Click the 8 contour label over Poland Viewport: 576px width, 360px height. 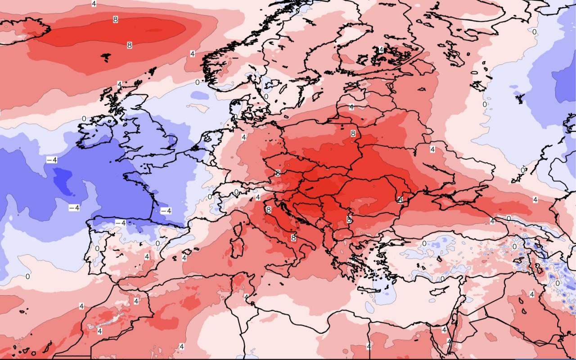(x=353, y=133)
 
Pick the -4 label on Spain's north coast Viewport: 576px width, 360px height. (x=120, y=223)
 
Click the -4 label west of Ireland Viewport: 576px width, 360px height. (x=51, y=160)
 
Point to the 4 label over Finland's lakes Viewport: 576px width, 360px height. (x=381, y=49)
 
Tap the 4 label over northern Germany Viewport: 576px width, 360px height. (x=243, y=137)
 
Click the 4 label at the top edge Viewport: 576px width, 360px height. (x=94, y=4)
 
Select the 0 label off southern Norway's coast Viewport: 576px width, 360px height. (x=197, y=82)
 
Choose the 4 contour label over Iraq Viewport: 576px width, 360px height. (x=531, y=294)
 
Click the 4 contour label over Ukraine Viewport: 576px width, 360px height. (x=432, y=149)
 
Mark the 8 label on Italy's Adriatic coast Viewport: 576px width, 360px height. (x=293, y=237)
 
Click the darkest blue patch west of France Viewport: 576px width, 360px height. (x=63, y=180)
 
